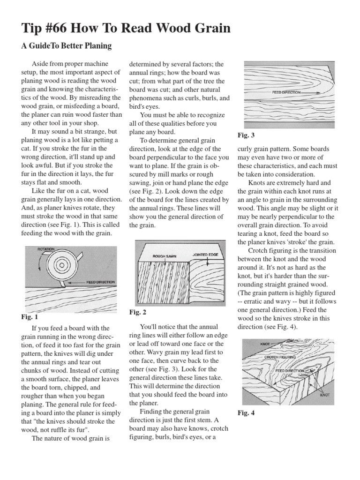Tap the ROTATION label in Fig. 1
pos(46,249)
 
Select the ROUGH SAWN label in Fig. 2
pos(164,256)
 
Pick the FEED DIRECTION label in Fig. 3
pos(286,93)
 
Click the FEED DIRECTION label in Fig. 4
pos(291,370)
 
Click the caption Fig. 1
pos(29,317)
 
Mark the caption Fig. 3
pos(246,135)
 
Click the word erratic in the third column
pos(255,301)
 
